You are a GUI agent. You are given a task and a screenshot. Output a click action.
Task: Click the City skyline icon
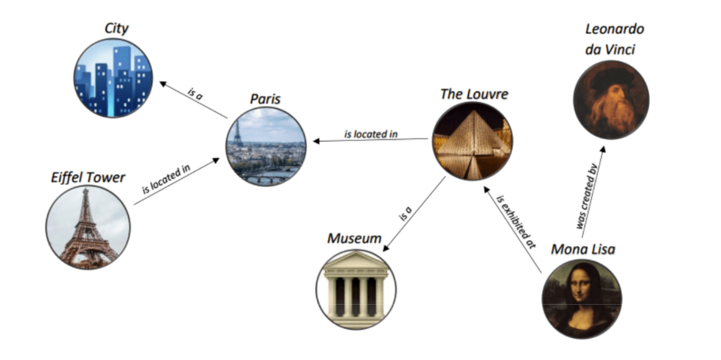(113, 78)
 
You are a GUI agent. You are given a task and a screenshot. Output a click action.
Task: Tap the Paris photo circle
(266, 146)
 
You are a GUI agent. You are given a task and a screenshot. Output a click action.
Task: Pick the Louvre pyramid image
(472, 141)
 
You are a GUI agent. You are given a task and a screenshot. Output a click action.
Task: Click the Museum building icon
(356, 289)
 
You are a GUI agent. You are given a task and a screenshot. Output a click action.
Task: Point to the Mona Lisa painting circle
(581, 298)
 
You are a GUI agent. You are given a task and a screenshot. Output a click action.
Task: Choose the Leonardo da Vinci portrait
(611, 100)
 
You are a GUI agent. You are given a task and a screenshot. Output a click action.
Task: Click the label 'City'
(116, 28)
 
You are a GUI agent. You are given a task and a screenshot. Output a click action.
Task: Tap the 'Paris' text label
(265, 99)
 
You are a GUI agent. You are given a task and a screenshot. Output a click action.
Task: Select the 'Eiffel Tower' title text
(88, 177)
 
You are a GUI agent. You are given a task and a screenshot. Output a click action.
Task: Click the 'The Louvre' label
(474, 94)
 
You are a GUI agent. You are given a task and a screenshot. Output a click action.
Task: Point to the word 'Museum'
(354, 238)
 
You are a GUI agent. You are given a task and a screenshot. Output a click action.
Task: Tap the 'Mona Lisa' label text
(583, 249)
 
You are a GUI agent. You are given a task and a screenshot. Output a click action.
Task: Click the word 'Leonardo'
(615, 29)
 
